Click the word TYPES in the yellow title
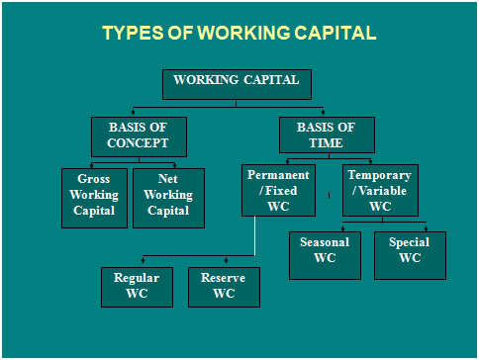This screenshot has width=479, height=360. pos(133,33)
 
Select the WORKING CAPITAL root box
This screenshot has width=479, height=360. pos(237,84)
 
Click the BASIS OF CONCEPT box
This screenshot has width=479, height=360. pos(139,136)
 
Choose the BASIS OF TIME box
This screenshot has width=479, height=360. pos(327,135)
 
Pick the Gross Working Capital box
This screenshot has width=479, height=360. pos(94,198)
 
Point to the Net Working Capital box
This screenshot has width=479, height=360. pos(168,198)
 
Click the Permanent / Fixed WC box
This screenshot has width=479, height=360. pos(278,190)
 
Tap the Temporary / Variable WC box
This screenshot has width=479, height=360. pos(380,190)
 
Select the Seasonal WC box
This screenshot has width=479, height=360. pos(325,255)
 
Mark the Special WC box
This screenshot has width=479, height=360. pos(410,255)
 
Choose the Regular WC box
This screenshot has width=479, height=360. pos(137,287)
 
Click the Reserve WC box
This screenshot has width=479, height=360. pos(224,287)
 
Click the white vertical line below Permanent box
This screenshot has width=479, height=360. pos(254,235)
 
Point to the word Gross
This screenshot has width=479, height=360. pos(94,179)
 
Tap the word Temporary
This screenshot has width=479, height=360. pos(379,175)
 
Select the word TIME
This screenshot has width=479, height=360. pos(326,143)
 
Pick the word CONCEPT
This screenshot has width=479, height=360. pos(138,143)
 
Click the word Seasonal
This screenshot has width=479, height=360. pos(325,242)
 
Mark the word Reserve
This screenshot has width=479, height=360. pos(223,278)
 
